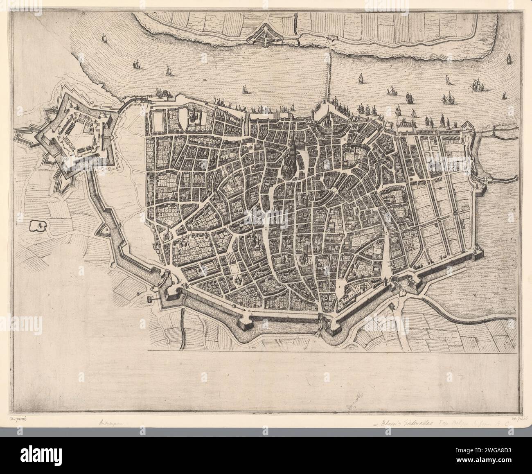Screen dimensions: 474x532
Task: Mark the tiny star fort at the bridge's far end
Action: tap(330, 38)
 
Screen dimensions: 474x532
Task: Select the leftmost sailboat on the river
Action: tap(104, 39)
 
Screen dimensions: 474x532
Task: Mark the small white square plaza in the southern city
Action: tap(234, 268)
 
